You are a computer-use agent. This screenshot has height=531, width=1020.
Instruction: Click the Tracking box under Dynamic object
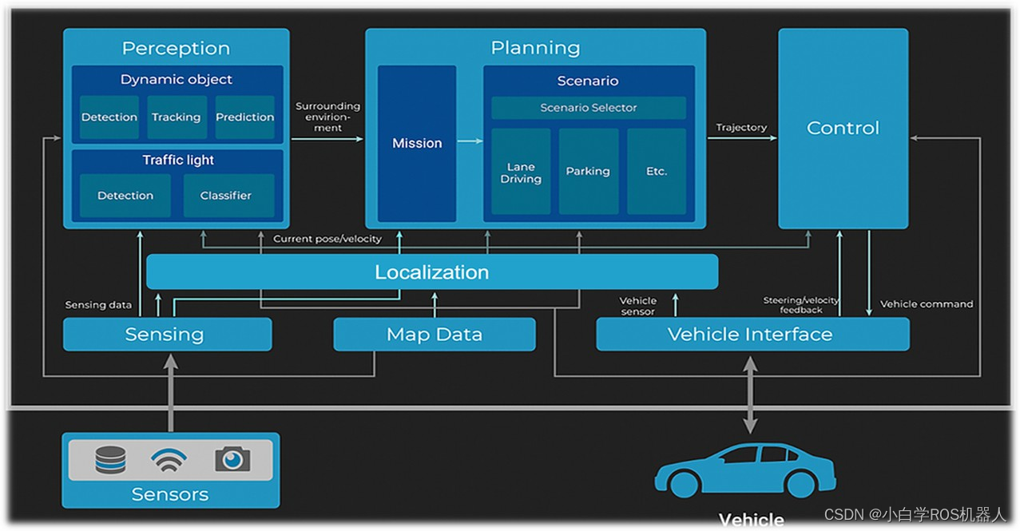coord(177,117)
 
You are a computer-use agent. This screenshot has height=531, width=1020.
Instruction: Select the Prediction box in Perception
coord(244,117)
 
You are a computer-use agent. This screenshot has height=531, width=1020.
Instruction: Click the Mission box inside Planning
coord(417,144)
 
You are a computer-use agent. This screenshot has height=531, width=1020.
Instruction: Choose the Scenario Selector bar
coord(589,108)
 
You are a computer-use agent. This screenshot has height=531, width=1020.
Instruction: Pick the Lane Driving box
coord(521,172)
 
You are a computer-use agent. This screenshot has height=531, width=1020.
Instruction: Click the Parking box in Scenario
coord(588,172)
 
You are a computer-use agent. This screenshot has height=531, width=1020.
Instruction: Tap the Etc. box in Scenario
coord(656,172)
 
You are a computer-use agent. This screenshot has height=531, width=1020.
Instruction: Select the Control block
coord(843,129)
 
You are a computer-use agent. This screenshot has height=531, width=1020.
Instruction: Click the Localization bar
coord(432,272)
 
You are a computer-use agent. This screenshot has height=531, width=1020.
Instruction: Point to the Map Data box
coord(435,335)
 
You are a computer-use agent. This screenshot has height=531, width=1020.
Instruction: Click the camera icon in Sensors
coord(232,459)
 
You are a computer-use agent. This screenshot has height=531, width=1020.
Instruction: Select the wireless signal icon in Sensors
coord(169,459)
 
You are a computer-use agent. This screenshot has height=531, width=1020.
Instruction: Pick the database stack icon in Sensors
coord(110,460)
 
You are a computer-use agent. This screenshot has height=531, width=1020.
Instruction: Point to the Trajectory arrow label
coord(741,128)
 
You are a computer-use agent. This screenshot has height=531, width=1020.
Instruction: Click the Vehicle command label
coord(927,304)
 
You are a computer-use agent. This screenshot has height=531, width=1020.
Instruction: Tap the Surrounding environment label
coord(327,117)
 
